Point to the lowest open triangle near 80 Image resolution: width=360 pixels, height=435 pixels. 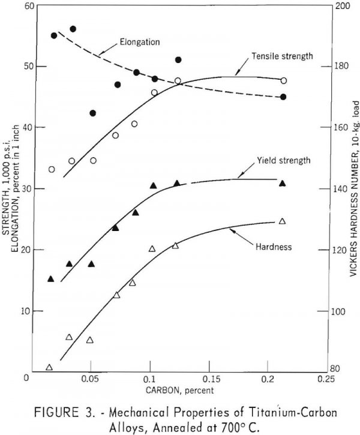[49, 367]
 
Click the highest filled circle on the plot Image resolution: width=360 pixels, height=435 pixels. [73, 29]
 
